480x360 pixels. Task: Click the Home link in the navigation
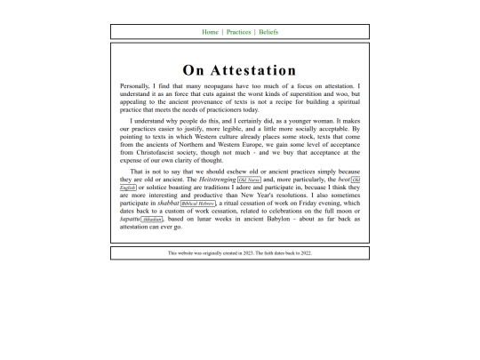[210, 32]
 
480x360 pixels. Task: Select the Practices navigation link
[238, 32]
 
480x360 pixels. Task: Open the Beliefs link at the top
[268, 32]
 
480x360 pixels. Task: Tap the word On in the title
[195, 70]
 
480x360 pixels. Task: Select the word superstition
[306, 93]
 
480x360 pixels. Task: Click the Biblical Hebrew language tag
[197, 203]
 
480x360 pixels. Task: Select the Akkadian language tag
[152, 219]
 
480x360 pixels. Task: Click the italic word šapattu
[130, 219]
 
